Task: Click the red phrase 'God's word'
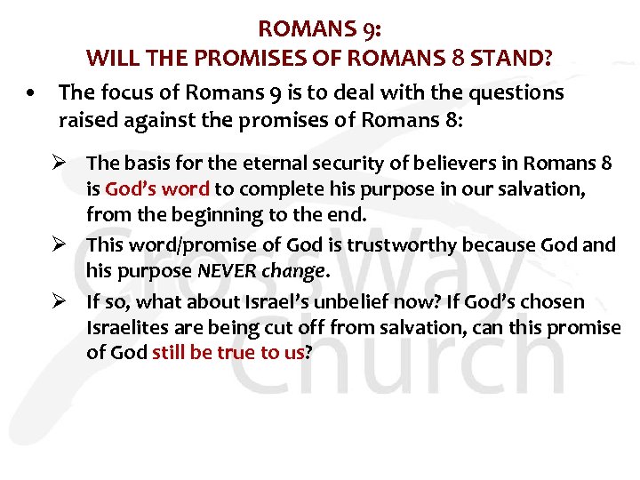coord(157,189)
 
